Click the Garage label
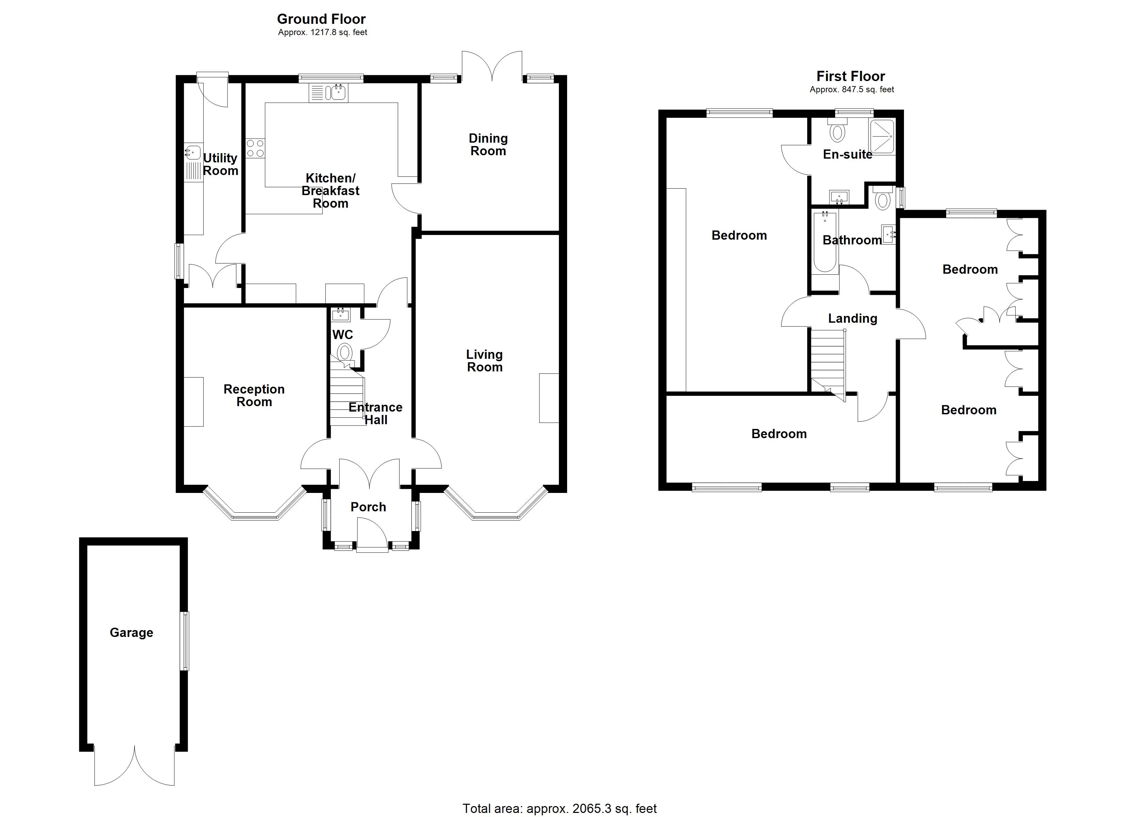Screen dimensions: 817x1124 (131, 633)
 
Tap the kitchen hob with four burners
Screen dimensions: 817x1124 (255, 148)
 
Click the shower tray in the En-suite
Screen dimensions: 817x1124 (881, 136)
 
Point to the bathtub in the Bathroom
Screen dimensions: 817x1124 (825, 241)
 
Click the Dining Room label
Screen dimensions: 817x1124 (488, 145)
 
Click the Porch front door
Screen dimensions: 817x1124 (372, 535)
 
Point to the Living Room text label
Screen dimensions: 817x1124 (485, 361)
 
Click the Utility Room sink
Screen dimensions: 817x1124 (193, 151)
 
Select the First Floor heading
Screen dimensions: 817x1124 (850, 76)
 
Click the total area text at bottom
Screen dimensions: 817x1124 (560, 808)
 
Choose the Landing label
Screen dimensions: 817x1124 (853, 319)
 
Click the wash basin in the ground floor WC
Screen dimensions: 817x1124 (341, 314)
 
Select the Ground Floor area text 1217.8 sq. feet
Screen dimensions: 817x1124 (322, 33)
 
